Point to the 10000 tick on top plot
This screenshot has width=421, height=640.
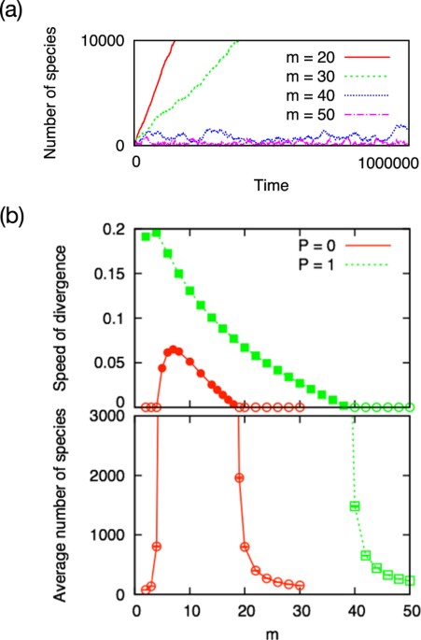click(x=108, y=42)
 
